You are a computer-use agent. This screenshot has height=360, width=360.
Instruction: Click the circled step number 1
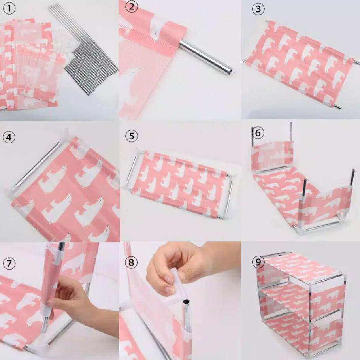pos(9,8)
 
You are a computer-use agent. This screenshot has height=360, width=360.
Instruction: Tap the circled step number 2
pos(132,6)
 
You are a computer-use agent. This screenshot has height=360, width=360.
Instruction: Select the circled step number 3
pos(258,9)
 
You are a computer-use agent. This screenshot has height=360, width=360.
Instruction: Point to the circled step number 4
pos(9,137)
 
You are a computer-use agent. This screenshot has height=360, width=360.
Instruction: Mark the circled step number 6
pos(258,132)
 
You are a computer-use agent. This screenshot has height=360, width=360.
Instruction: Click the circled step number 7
pos(9,263)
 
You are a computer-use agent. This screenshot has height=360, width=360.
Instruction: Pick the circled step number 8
pos(131,262)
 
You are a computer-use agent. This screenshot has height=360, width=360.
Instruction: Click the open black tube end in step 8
pos(186,301)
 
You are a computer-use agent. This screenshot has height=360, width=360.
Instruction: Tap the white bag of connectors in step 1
pos(64,45)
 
